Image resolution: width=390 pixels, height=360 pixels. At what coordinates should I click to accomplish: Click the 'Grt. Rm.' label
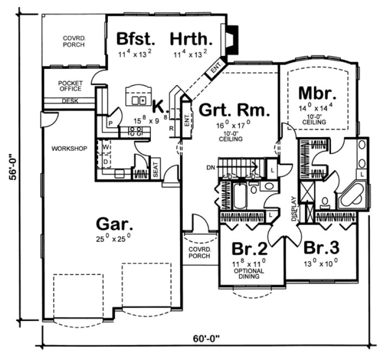tap(234, 111)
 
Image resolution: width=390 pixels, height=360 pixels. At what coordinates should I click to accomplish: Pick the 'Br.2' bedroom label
tap(250, 249)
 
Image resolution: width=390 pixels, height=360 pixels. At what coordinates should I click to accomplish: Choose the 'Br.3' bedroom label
tap(321, 248)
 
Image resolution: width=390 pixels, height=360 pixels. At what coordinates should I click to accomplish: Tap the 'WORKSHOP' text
tap(69, 148)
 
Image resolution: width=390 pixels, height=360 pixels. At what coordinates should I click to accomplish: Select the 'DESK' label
tap(69, 101)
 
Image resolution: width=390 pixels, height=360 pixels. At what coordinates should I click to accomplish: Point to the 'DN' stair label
tap(212, 168)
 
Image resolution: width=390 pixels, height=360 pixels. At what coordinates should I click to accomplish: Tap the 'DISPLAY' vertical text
tap(293, 209)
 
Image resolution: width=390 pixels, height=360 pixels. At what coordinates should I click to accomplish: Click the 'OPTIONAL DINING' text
tap(249, 273)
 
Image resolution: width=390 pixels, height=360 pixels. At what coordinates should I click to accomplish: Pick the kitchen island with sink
tap(136, 97)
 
